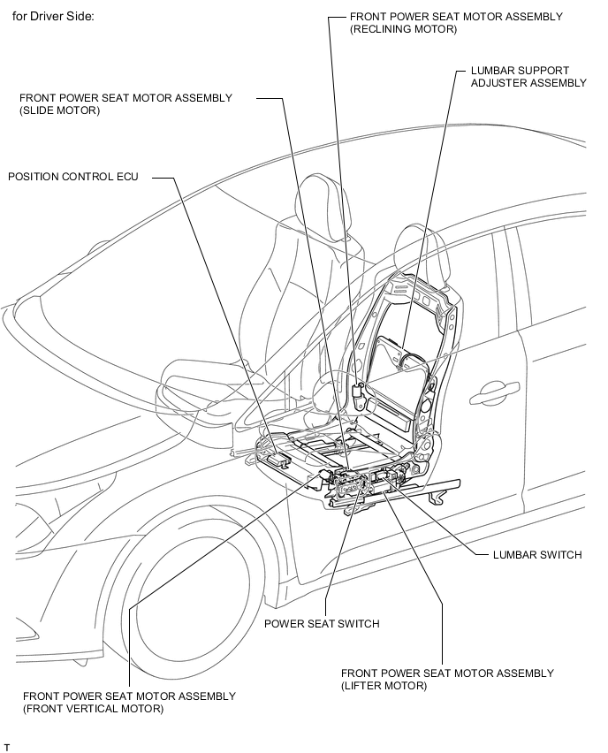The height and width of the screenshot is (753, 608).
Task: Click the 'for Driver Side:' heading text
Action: (59, 17)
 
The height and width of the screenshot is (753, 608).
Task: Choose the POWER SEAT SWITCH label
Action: (322, 624)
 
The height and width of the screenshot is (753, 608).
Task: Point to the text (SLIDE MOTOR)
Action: (59, 111)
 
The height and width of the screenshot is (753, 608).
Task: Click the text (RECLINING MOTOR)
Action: (403, 30)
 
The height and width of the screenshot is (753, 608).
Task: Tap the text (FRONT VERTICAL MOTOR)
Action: (94, 709)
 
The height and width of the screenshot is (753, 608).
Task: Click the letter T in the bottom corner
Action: (7, 748)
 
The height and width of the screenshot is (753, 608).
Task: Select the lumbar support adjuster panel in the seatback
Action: (398, 358)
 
